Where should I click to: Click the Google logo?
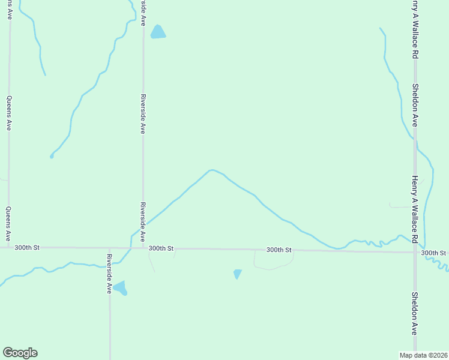click(20, 353)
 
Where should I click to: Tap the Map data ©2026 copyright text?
click(424, 355)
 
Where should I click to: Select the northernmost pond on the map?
click(158, 32)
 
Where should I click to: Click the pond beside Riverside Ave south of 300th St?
click(120, 288)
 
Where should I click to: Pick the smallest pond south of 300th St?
click(238, 274)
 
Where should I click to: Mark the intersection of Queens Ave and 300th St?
click(8, 247)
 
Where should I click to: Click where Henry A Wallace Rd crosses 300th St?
click(415, 252)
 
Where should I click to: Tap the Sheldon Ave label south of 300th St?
click(415, 313)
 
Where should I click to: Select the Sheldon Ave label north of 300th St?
click(415, 104)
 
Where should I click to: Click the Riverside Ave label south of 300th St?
click(109, 274)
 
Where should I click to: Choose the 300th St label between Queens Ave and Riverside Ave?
click(27, 247)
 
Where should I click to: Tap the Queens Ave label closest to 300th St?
click(8, 224)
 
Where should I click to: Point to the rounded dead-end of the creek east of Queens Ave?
click(52, 157)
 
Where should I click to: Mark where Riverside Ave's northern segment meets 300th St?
click(143, 248)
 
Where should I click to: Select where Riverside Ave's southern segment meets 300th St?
click(109, 248)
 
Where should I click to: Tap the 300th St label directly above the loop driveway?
click(279, 250)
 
